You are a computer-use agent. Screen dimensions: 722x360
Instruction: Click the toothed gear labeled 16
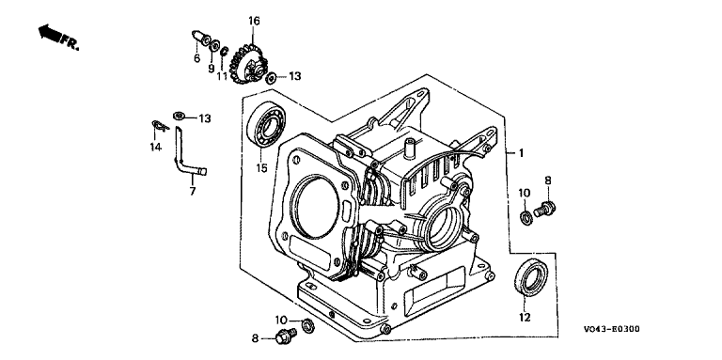248,66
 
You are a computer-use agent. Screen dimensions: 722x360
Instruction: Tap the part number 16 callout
254,21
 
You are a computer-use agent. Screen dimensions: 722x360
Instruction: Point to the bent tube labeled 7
183,157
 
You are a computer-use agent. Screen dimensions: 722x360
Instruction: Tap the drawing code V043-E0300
611,329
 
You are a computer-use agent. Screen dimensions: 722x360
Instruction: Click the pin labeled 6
199,38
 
